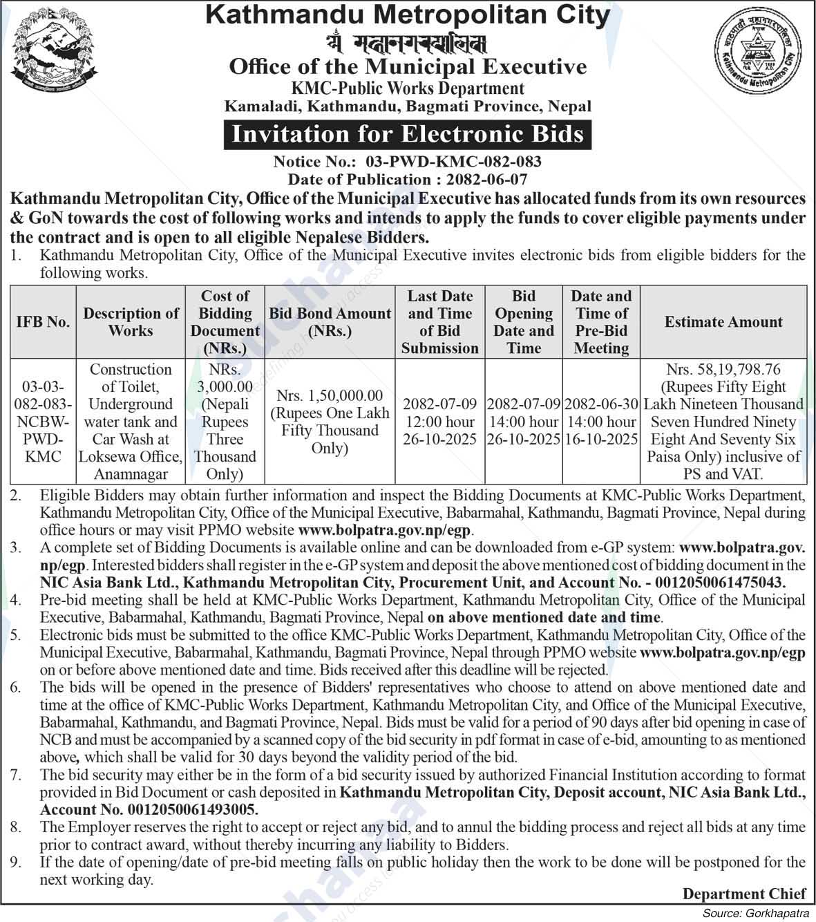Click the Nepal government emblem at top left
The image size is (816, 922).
coord(54,54)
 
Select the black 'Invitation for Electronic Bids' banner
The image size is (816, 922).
coord(408,133)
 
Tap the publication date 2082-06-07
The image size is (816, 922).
coord(487,179)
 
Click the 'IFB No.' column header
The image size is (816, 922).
coord(43,322)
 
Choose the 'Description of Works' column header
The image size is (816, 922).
coord(131,322)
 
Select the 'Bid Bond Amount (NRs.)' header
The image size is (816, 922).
coord(330,322)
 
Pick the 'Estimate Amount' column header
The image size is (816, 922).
coord(723,322)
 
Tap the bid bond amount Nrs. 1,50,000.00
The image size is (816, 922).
coord(330,395)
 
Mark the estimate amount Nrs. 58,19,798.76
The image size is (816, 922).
coord(723,370)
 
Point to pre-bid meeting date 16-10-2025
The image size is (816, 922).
coord(601,440)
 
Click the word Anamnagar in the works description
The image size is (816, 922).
coord(131,474)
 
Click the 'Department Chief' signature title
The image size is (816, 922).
coord(743,894)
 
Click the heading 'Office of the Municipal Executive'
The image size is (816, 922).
coord(408,67)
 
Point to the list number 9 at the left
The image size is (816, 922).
coord(17,862)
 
